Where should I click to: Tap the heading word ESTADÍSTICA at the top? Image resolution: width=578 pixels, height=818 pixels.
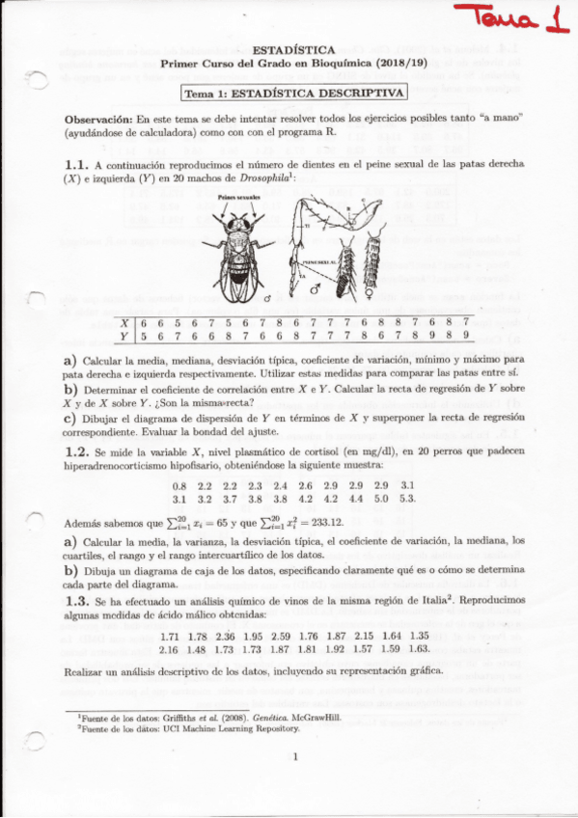[x=292, y=49]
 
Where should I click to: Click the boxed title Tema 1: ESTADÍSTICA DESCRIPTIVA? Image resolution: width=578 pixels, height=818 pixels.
[x=294, y=93]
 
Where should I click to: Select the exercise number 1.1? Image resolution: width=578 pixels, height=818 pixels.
[x=76, y=164]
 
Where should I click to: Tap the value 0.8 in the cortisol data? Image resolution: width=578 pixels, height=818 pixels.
[x=179, y=485]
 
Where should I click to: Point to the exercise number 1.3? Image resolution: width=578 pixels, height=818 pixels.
[x=76, y=600]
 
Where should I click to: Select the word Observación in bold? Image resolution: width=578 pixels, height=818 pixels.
[x=97, y=116]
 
